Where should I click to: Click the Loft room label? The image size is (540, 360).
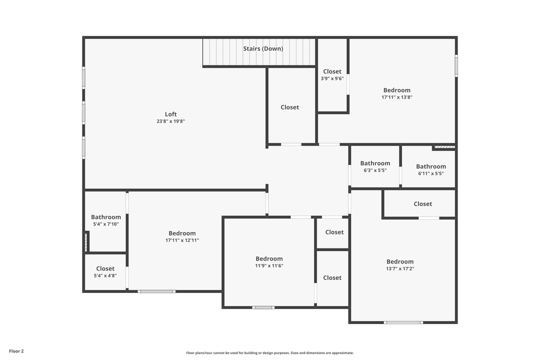coord(171,114)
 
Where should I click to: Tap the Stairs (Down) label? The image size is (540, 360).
coord(263,48)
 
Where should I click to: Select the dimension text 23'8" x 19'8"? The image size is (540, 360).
coord(171,121)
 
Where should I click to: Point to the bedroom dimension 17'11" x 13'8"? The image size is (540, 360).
coord(396,97)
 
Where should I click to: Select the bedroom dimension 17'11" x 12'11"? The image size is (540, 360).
coord(182,240)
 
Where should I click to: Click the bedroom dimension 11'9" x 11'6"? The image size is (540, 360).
coord(269,266)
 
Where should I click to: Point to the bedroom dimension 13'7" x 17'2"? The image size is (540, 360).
coord(400,268)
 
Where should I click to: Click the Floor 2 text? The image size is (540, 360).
coord(16,351)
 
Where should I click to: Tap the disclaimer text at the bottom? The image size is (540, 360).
coord(270,353)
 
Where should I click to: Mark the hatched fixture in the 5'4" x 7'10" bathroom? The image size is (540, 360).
coord(86,242)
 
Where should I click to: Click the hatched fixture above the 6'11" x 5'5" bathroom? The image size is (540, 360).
coord(444,147)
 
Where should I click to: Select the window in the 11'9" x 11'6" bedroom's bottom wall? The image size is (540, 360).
coord(263,307)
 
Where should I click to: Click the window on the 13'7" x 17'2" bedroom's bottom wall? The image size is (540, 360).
coord(403,322)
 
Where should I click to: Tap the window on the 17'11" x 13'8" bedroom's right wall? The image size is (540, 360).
coord(456,65)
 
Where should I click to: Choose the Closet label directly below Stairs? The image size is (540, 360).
coord(289,107)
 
